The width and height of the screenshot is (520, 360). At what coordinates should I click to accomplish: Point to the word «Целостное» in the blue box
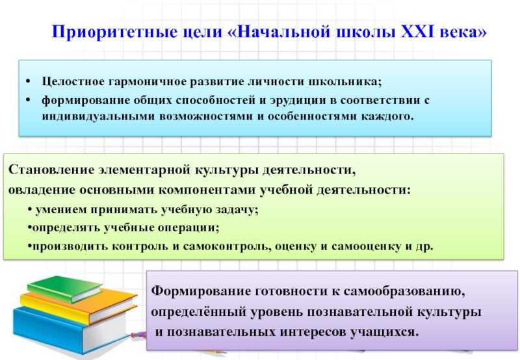(x=73, y=81)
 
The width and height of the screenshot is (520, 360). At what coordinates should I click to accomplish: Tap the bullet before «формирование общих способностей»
(x=28, y=100)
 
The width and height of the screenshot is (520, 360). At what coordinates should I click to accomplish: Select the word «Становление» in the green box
(x=51, y=170)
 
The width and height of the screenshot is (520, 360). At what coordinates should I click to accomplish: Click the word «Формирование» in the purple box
(x=201, y=291)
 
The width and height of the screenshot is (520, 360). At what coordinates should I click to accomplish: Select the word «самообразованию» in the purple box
(x=404, y=292)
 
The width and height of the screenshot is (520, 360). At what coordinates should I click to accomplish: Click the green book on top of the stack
(x=65, y=289)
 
